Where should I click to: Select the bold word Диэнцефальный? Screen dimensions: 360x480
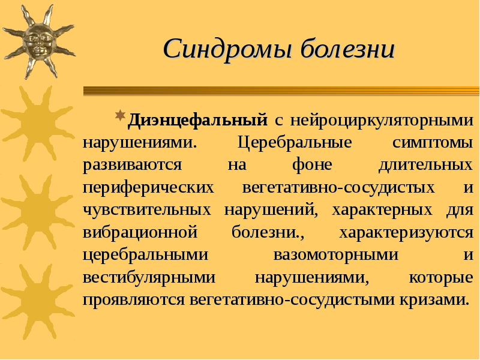[198, 119]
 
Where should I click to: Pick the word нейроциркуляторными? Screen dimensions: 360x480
[382, 119]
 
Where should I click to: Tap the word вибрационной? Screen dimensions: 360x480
[140, 232]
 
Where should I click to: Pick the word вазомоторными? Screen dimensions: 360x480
[336, 254]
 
